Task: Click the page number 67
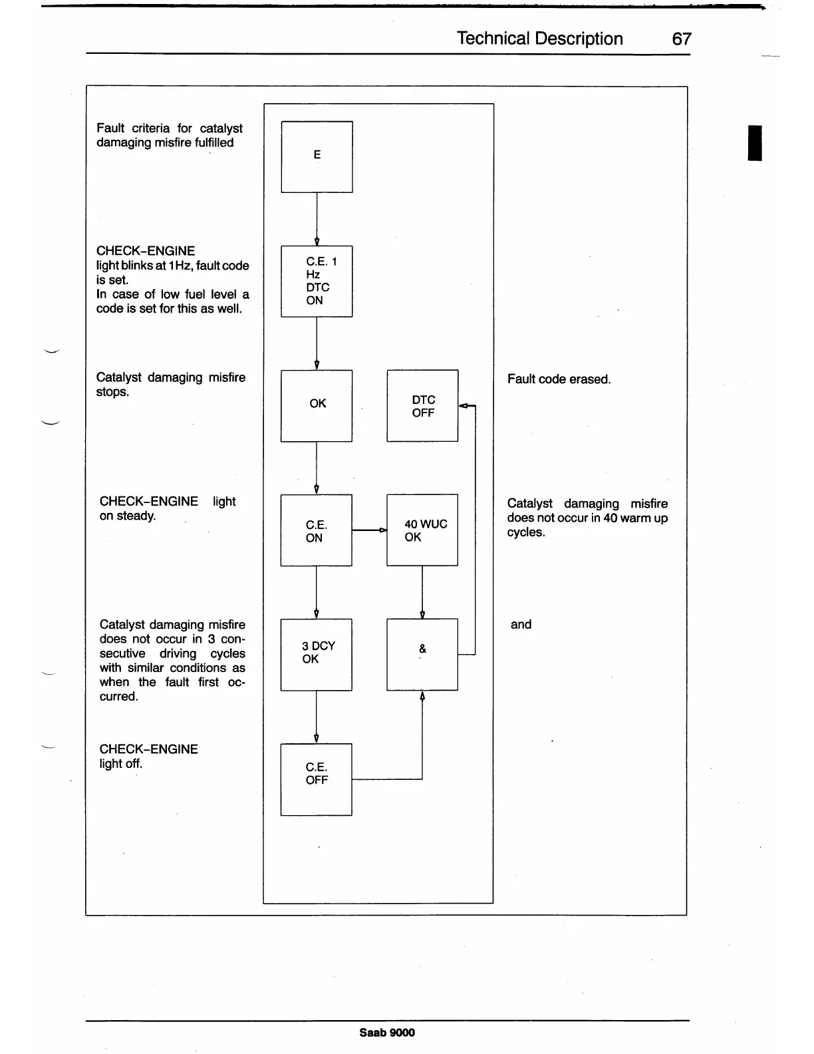pos(682,39)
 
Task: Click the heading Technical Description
pos(539,39)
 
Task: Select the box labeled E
pos(317,156)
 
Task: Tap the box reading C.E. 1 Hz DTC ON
pos(317,281)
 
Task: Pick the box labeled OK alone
pos(317,405)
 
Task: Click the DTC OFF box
pos(422,405)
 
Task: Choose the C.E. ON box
pos(317,530)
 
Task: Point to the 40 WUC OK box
pos(422,530)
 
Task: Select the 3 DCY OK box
pos(317,655)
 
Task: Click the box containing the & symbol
pos(422,655)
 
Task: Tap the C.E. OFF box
pos(317,779)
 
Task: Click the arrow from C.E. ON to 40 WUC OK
pos(369,530)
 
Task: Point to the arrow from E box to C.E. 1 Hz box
pos(317,220)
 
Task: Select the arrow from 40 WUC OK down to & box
pos(422,592)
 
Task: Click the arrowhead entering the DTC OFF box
pos(464,405)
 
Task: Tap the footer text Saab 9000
pos(387,1032)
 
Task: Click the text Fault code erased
pos(559,379)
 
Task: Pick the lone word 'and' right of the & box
pos(521,624)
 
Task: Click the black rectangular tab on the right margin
pos(755,142)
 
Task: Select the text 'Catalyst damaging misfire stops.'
pos(170,385)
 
